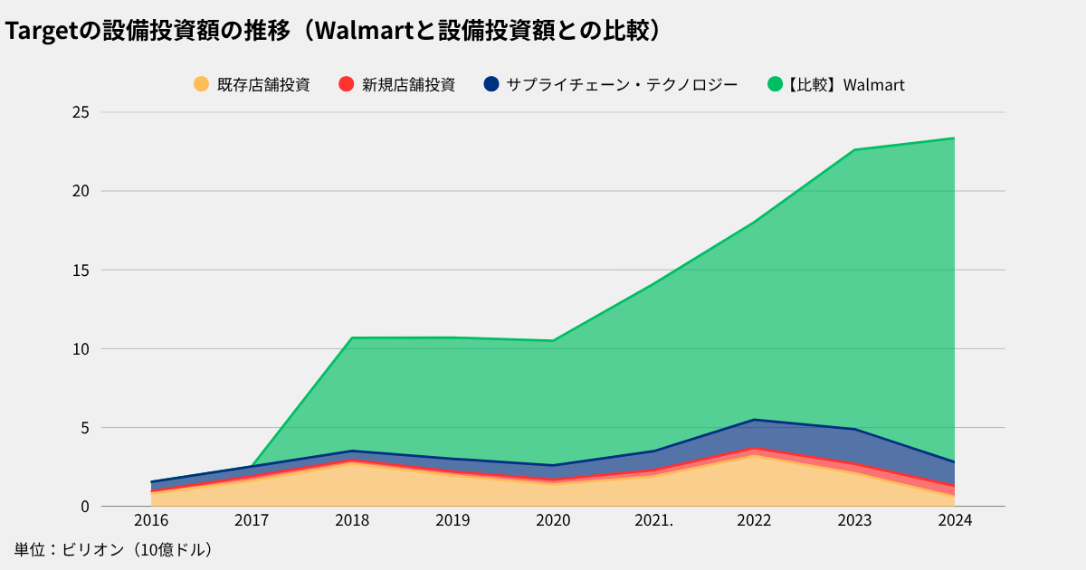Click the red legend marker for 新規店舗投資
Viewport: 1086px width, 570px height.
346,84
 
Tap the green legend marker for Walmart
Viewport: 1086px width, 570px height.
775,84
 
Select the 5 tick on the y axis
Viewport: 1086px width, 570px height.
85,427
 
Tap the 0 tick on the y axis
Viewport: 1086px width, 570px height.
85,506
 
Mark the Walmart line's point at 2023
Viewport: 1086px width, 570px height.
854,149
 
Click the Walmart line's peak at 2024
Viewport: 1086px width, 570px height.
955,138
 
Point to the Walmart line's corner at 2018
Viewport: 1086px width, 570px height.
352,337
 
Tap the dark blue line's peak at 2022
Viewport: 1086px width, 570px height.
754,420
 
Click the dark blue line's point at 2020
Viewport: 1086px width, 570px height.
553,465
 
